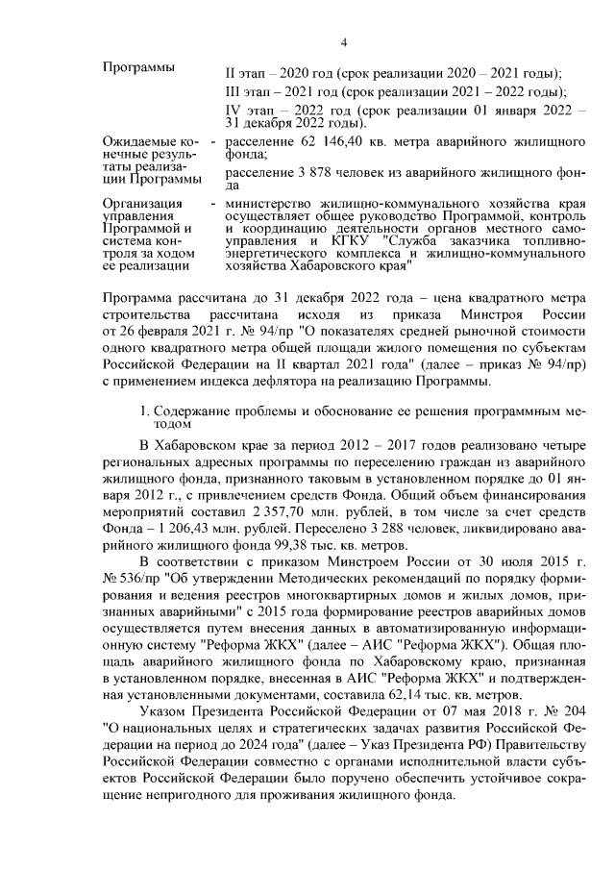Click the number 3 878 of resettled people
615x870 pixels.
[x=292, y=172]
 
